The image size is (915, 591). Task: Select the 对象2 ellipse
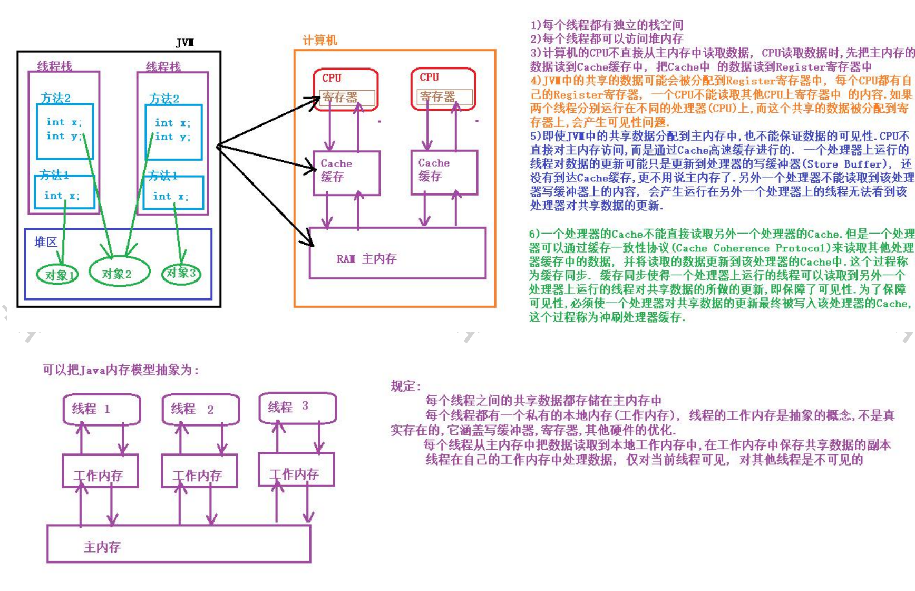click(x=119, y=273)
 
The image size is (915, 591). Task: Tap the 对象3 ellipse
click(x=181, y=273)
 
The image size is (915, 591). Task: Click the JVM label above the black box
click(x=185, y=43)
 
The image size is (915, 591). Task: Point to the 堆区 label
click(x=46, y=242)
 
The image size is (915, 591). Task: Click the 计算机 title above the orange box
click(x=319, y=41)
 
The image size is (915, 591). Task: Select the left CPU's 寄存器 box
click(x=347, y=98)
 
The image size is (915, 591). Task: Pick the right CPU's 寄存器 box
click(x=444, y=97)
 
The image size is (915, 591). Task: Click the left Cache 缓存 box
click(x=346, y=172)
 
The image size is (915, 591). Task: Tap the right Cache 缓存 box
click(x=444, y=172)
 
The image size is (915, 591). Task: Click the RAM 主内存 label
click(x=367, y=259)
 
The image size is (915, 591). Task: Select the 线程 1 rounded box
click(x=101, y=409)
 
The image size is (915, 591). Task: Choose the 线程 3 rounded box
click(x=297, y=407)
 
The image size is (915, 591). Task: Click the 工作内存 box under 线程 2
click(x=199, y=471)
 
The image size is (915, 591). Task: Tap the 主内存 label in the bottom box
click(x=102, y=547)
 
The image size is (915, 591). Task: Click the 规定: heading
click(x=405, y=386)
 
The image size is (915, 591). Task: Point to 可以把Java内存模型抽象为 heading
click(x=121, y=370)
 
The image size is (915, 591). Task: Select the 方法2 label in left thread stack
click(x=55, y=98)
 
